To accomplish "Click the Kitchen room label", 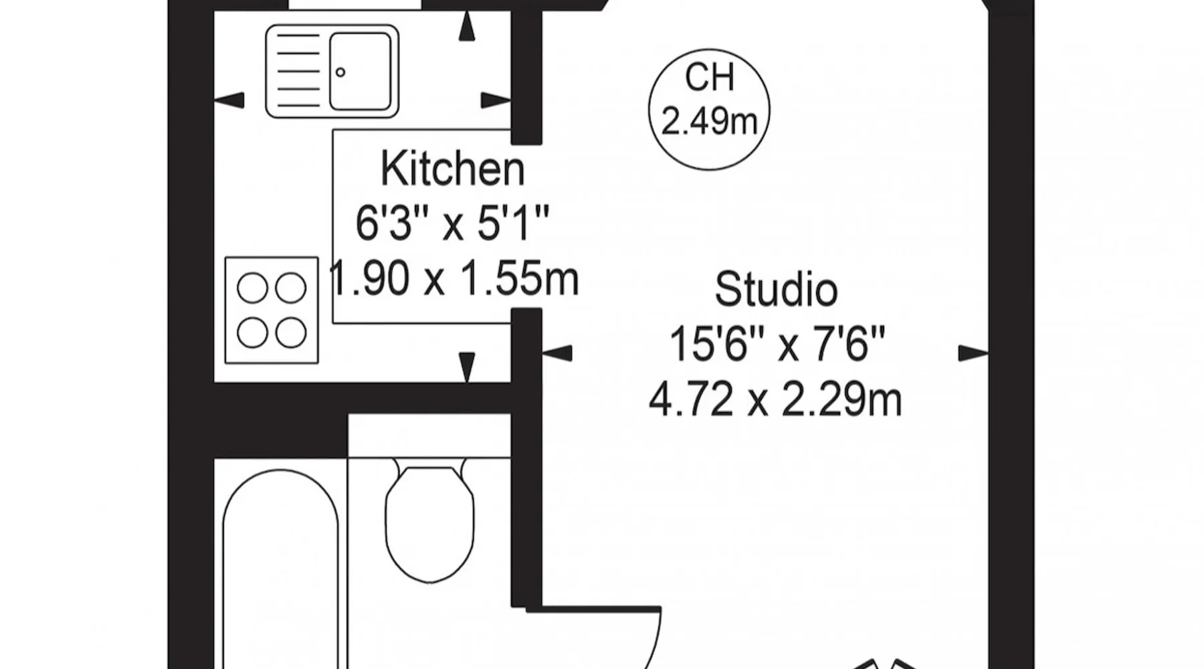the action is (x=452, y=169).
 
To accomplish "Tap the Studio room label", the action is (x=776, y=290).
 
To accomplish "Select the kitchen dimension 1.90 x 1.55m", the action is (x=454, y=278).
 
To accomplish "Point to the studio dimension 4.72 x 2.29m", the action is (x=775, y=400).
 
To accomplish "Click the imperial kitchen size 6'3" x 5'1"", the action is (x=452, y=223).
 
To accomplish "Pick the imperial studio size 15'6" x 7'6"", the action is (x=777, y=345).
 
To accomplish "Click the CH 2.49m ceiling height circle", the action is (x=709, y=109).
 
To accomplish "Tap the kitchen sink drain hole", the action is (x=340, y=72).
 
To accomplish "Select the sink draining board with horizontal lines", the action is (x=298, y=71).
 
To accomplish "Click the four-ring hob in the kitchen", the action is (x=272, y=310).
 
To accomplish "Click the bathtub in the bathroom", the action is (x=281, y=569).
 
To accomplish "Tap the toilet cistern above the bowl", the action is (x=429, y=436).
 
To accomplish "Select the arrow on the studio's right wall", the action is (x=973, y=353).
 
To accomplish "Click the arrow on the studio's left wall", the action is (x=557, y=353).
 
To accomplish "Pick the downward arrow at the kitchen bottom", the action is (x=467, y=368).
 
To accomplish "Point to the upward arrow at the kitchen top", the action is (x=467, y=27).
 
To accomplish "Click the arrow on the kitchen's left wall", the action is (x=229, y=100).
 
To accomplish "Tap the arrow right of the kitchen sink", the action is (x=496, y=100).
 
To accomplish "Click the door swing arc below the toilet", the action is (x=652, y=642).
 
